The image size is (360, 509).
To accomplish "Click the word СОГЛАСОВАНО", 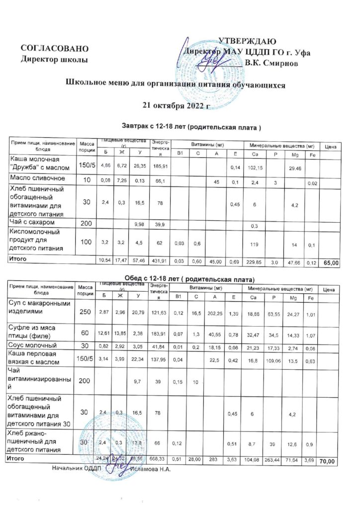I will [55, 49].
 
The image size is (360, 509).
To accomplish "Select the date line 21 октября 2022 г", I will [177, 105].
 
